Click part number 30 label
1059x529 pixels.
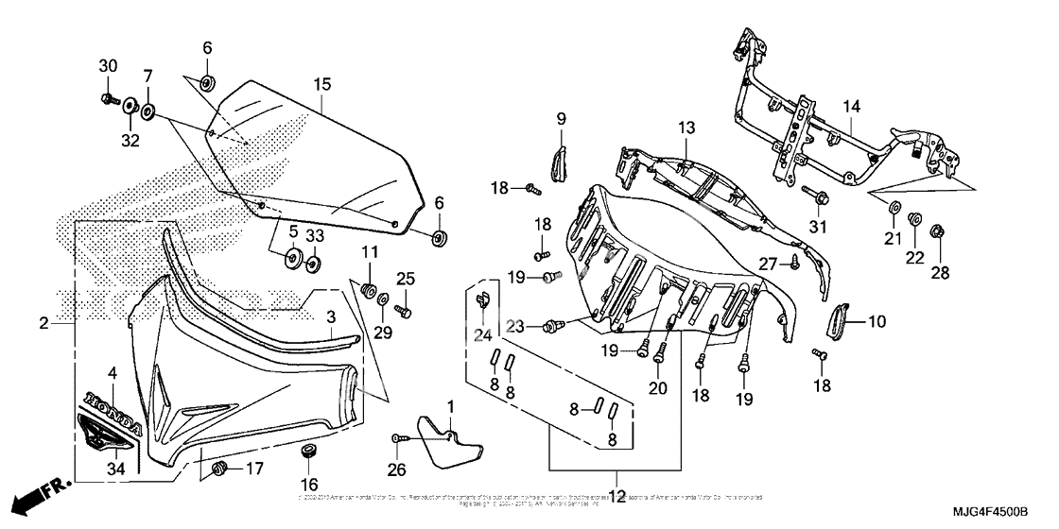(108, 65)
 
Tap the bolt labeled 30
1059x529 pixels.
(106, 98)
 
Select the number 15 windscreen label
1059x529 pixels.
(321, 84)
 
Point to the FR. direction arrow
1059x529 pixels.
(43, 491)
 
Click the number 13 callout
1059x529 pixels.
(686, 127)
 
